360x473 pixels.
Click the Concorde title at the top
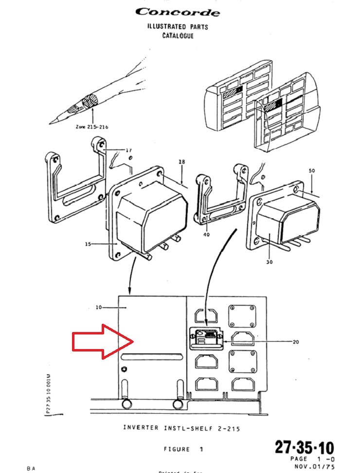click(177, 12)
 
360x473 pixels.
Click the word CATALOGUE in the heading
click(178, 35)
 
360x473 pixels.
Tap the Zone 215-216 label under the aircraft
click(92, 126)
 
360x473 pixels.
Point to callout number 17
click(129, 150)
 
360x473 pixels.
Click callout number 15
click(89, 244)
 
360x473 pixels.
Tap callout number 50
click(311, 172)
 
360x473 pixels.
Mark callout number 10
click(99, 307)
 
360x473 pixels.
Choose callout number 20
click(295, 341)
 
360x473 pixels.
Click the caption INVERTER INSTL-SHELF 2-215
click(181, 428)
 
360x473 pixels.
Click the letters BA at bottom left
click(31, 469)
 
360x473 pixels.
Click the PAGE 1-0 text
click(311, 459)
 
